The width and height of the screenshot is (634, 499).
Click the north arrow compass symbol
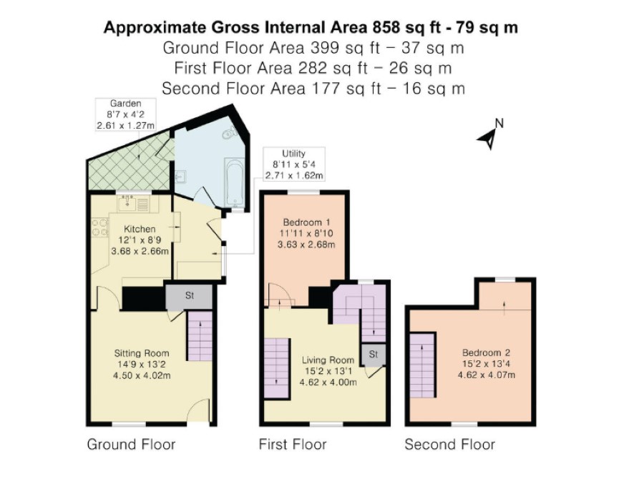[x=490, y=135]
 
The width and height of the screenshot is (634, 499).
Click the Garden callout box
[x=126, y=114]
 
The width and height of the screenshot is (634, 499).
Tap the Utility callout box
[x=294, y=164]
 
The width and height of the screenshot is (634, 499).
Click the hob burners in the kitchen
[x=100, y=227]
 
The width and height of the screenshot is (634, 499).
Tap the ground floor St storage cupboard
[x=189, y=296]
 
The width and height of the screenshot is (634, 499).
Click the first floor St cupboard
[x=373, y=355]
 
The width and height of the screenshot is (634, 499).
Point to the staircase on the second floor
[x=422, y=365]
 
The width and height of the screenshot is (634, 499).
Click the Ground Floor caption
[x=132, y=445]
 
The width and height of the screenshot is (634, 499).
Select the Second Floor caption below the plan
[x=450, y=445]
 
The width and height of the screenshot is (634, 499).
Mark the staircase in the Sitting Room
[x=200, y=336]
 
